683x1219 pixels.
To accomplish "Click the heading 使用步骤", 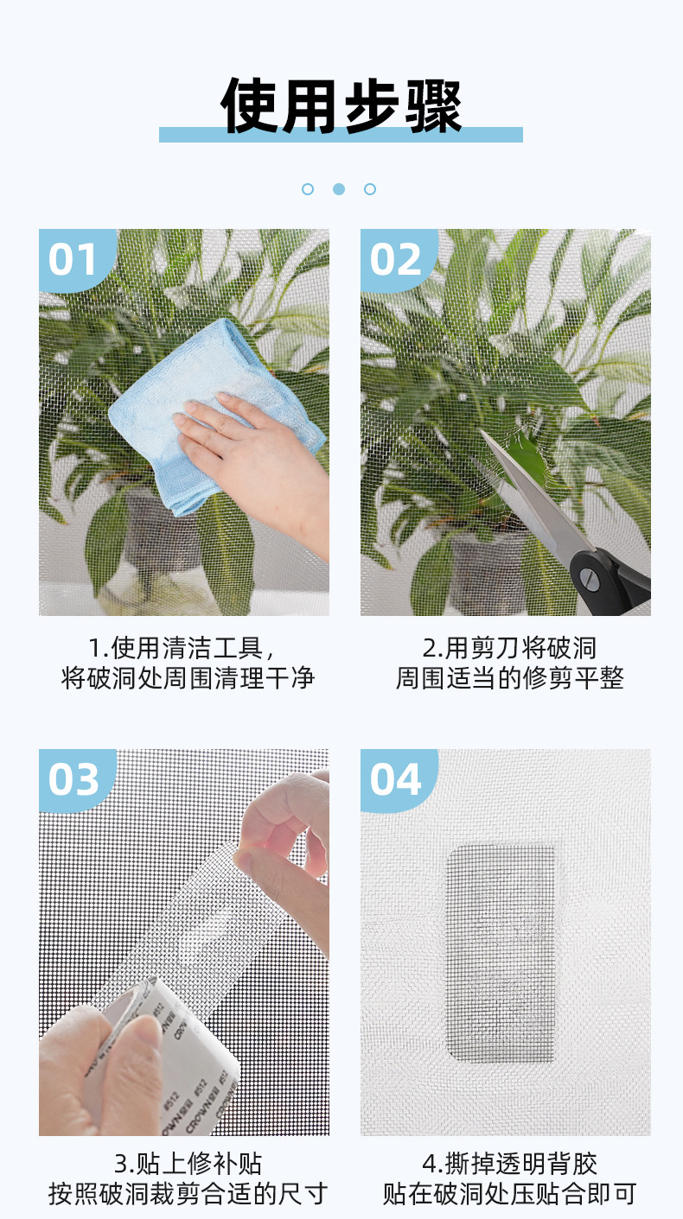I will (x=341, y=107).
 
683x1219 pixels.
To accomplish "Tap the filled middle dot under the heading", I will (x=339, y=189).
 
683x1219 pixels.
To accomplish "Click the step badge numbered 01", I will (x=73, y=259).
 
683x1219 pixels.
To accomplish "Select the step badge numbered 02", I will (x=395, y=259).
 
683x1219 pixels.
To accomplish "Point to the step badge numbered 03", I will (x=73, y=779).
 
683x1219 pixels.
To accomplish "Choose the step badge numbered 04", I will (x=395, y=779).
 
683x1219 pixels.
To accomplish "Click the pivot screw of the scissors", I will (x=590, y=576).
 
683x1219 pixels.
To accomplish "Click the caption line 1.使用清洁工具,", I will (x=187, y=648).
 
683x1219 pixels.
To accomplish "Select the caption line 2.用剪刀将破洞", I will (x=509, y=648).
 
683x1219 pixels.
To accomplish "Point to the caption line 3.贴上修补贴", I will (x=188, y=1164).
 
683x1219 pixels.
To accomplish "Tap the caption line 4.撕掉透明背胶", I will (x=509, y=1164).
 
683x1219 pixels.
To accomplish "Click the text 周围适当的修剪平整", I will (x=509, y=678).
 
